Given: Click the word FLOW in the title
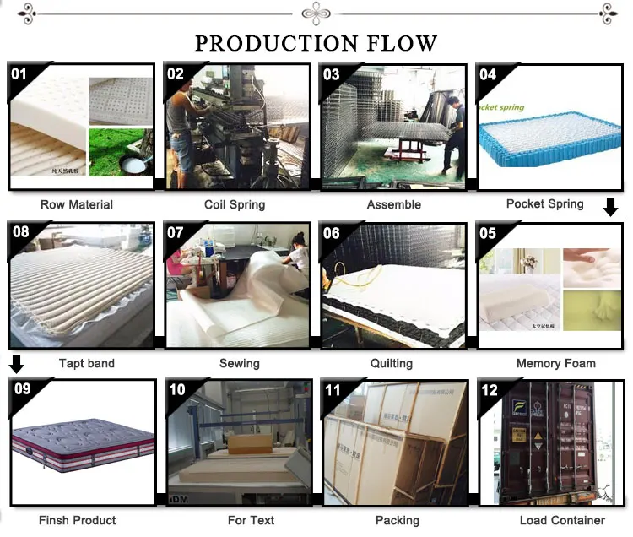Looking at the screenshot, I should pos(395,43).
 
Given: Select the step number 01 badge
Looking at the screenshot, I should pos(19,74).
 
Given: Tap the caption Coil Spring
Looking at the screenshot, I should pos(235,204).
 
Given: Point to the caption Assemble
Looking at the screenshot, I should pos(393,204).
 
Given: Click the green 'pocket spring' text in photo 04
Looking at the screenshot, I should pos(501,107).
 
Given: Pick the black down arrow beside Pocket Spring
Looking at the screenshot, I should pos(611,207).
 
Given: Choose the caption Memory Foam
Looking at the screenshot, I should pos(555,363).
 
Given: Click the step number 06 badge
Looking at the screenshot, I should pos(332,233).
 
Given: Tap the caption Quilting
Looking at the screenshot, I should pos(392,363).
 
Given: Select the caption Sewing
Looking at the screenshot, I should pos(239,363).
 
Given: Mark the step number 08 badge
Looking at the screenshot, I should pos(19,232).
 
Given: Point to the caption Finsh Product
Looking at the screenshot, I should pos(78,520).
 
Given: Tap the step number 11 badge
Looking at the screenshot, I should pos(333,390).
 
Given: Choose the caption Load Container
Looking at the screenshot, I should pos(562,520).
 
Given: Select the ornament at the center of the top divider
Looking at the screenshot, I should pos(316,13).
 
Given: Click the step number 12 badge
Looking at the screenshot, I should pos(489,390).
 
